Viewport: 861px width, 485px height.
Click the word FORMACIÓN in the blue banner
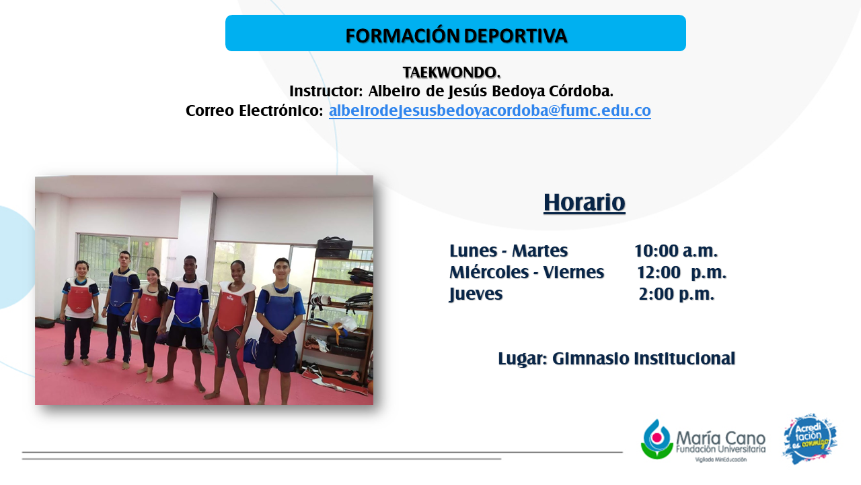coord(403,35)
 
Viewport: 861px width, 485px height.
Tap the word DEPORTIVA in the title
coord(516,36)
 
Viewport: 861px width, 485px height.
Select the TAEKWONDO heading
coord(451,72)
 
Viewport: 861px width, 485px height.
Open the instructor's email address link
coord(490,110)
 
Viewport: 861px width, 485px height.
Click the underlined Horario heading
coord(585,203)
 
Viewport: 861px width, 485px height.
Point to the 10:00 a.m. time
coord(676,251)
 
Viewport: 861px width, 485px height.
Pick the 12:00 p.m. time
coord(681,273)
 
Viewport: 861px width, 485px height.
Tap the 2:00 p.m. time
coord(677,294)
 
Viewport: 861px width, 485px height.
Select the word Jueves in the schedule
coord(476,294)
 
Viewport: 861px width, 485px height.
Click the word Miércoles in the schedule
coord(489,273)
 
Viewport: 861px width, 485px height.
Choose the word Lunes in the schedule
coord(473,251)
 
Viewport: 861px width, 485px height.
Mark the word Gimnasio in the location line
coord(591,359)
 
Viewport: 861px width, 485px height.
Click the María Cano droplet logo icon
coord(657,440)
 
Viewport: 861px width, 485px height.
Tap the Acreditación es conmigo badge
coord(810,439)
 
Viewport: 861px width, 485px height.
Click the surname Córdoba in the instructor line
coord(581,91)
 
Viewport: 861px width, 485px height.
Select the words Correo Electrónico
coord(254,110)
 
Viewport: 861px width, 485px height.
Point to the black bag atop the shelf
coord(334,247)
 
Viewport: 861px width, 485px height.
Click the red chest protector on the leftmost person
coord(79,298)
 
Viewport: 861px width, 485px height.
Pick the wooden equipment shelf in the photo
coord(337,316)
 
